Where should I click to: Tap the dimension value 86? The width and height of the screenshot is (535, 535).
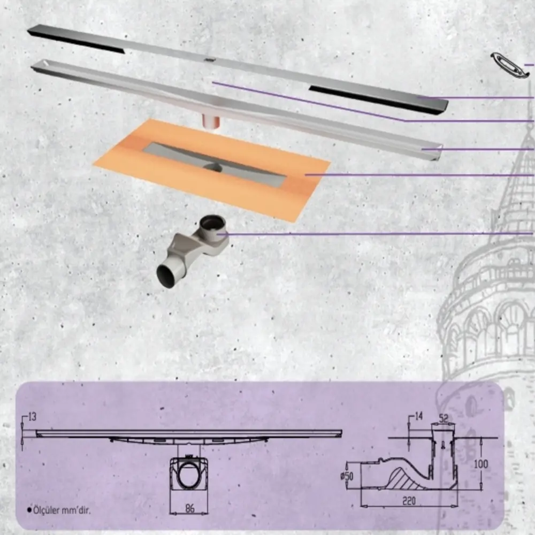(190, 508)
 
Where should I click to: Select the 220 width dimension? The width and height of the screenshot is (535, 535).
(409, 501)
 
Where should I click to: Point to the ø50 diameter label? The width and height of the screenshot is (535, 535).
(347, 476)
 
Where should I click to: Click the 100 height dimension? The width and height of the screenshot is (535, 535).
(481, 464)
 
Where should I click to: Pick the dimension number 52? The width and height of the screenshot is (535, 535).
(443, 418)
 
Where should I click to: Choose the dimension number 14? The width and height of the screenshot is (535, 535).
(419, 416)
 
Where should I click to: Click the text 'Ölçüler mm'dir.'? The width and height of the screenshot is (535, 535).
(62, 510)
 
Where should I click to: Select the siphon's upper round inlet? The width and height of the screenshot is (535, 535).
(212, 225)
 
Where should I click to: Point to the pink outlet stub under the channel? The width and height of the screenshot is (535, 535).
(211, 121)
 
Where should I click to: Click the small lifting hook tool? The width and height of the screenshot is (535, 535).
(509, 64)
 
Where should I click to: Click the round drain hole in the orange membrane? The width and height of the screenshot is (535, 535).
(213, 167)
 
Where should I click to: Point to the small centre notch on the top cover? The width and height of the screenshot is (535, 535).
(209, 60)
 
